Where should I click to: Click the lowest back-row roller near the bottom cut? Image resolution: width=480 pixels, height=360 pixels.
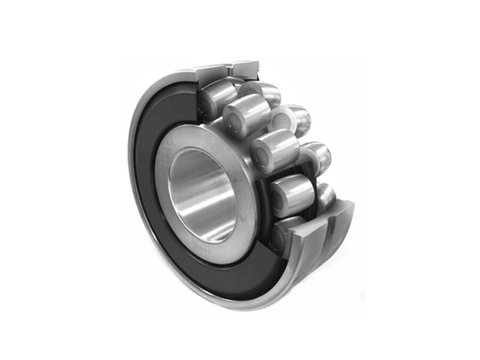(326, 195)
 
